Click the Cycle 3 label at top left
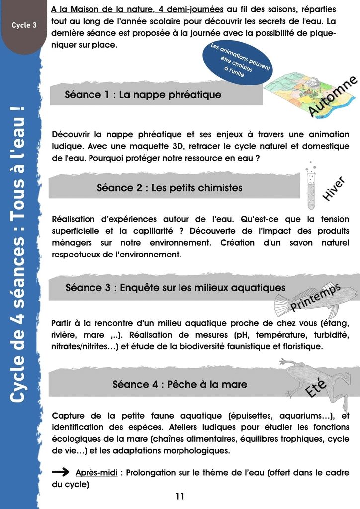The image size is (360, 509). click(24, 25)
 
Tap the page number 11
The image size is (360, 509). click(180, 496)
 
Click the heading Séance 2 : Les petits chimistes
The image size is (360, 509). click(170, 188)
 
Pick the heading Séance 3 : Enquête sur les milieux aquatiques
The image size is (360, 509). click(176, 287)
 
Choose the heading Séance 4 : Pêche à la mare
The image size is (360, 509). click(180, 384)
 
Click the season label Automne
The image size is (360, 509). click(333, 97)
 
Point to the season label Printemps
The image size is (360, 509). click(315, 297)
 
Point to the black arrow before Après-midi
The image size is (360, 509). click(61, 472)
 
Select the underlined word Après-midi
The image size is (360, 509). click(96, 473)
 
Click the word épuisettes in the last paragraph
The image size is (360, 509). click(252, 416)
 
